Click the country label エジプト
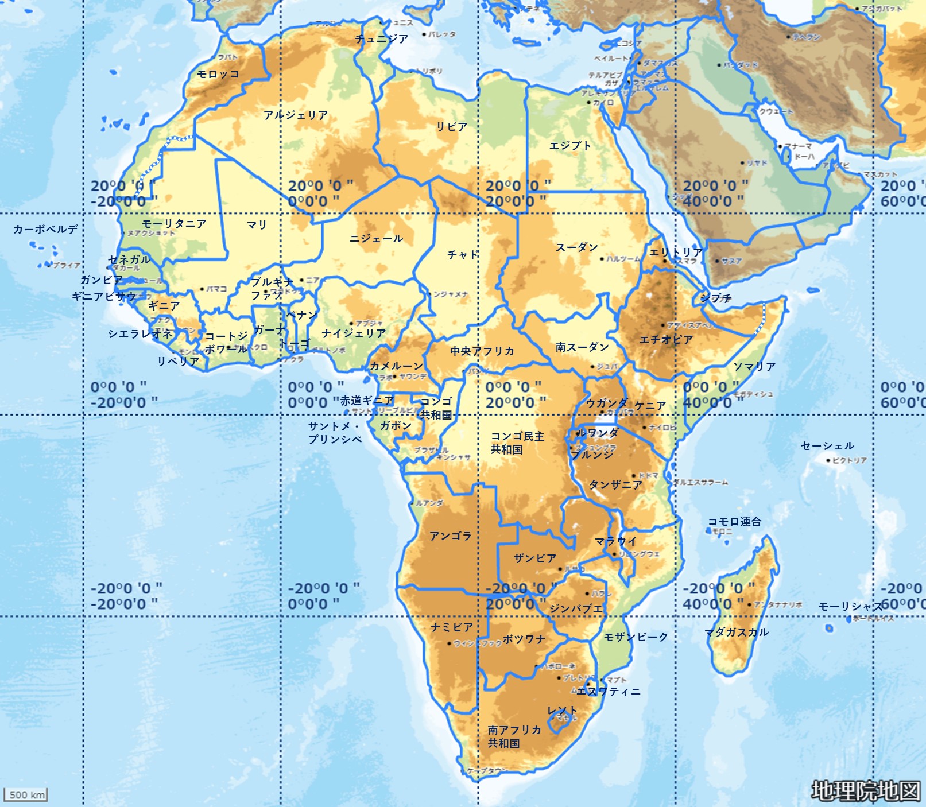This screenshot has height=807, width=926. coord(569,146)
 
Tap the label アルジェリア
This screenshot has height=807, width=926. coord(296,115)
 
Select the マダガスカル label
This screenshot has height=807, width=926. coord(737,633)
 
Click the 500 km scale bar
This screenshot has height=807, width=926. coord(26,794)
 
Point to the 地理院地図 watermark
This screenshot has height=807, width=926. coord(865,791)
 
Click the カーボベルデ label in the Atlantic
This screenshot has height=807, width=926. coord(45,230)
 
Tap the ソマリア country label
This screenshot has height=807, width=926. coord(754,367)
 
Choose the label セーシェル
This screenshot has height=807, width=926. coord(827,446)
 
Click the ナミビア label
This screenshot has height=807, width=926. coord(452,627)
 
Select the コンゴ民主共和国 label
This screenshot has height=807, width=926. coord(517,443)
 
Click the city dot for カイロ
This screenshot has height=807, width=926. coord(588,103)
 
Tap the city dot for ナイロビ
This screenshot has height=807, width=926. coord(644,428)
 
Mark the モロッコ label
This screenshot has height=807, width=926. coord(218,74)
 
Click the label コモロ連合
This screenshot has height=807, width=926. coord(734,522)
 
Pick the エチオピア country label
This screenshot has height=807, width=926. coord(666,340)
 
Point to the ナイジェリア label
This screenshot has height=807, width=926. coord(353,333)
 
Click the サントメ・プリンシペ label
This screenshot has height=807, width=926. coord(335,433)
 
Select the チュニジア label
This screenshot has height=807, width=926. coord(381,39)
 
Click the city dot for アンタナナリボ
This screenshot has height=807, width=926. coord(749,604)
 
